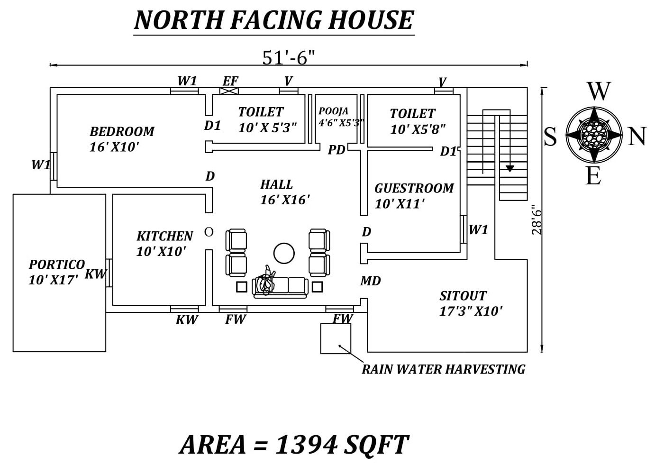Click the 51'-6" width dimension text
[288, 57]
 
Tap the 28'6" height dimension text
[536, 220]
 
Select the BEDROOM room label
[122, 131]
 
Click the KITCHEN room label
[164, 236]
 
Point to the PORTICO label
[56, 264]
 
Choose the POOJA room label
[333, 111]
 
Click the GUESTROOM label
[414, 188]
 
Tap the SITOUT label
[463, 296]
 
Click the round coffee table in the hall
[284, 253]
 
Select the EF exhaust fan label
[230, 81]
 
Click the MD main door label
[370, 281]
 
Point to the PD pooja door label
[337, 150]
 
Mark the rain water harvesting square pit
[336, 338]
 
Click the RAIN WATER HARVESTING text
[443, 369]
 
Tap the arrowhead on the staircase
[509, 168]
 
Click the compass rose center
[594, 134]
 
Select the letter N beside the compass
[637, 137]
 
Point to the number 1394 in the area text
[306, 445]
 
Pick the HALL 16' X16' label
[285, 192]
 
